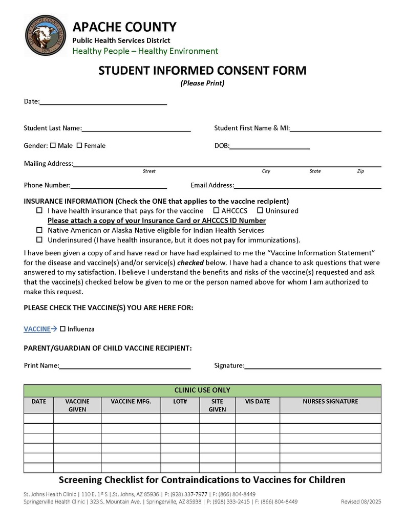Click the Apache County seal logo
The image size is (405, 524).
45,35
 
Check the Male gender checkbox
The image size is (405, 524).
53,145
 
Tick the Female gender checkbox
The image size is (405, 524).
79,145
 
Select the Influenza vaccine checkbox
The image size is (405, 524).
62,329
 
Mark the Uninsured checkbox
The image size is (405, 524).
260,210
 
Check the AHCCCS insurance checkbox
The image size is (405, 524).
216,210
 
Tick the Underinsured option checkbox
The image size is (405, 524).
39,239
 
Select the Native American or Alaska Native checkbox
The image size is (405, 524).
39,230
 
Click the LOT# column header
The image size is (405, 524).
180,402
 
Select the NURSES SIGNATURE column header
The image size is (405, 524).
330,402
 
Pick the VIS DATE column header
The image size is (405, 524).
257,402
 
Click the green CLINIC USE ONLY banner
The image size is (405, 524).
202,390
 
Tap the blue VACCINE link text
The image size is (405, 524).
37,329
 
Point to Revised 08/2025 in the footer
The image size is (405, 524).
361,502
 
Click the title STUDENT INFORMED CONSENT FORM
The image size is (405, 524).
202,71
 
